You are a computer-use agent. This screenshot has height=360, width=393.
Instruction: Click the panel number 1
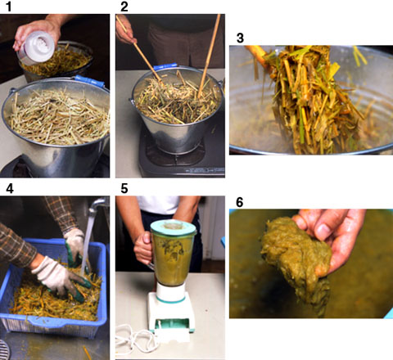click(9, 7)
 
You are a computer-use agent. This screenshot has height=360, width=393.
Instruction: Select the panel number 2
click(124, 7)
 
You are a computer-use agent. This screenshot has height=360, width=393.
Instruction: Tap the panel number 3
click(240, 38)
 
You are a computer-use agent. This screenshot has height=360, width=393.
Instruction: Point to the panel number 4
click(10, 188)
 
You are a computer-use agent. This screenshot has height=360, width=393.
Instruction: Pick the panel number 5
click(124, 188)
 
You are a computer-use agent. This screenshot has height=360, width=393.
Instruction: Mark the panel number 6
click(239, 202)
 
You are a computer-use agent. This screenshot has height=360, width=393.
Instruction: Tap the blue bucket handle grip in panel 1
click(89, 81)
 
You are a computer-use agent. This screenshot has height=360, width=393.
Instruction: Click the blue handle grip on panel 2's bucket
click(165, 67)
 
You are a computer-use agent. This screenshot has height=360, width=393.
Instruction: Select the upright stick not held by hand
click(209, 56)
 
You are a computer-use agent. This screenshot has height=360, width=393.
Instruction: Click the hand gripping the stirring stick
click(124, 30)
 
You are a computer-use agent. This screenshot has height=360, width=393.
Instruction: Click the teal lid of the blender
click(174, 227)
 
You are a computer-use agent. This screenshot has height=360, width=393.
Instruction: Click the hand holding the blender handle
click(142, 248)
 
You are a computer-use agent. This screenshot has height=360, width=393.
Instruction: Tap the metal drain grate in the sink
click(5, 349)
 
